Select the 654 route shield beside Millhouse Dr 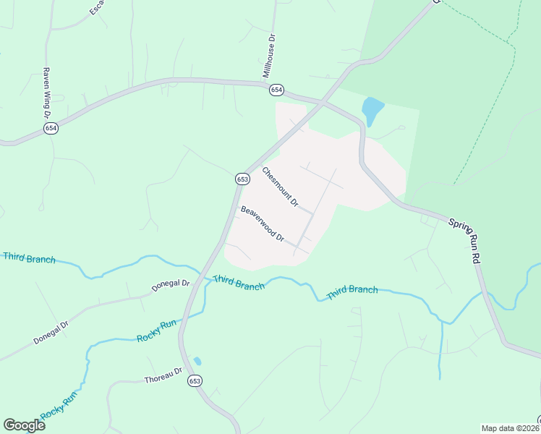coord(276,90)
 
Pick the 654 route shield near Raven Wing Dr coord(50,128)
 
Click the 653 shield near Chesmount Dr coord(242,179)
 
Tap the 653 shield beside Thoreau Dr coord(195,381)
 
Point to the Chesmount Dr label coord(280,187)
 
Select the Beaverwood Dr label coord(263,224)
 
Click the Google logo coord(24,425)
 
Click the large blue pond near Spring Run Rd coord(372,110)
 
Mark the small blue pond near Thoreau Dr coord(197,361)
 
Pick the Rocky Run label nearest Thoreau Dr coord(156,332)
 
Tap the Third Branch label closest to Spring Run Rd coord(352,292)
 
